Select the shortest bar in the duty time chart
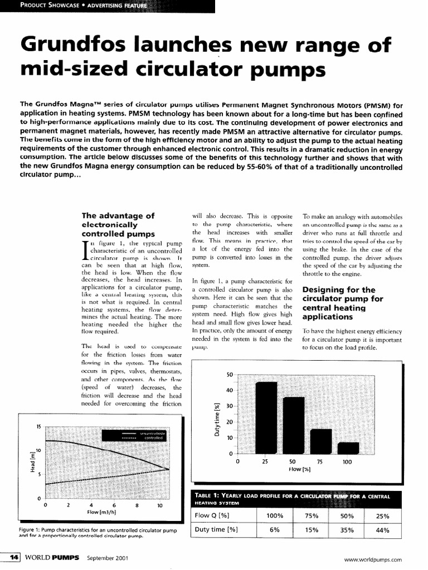click(348, 448)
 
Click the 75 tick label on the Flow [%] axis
click(320, 462)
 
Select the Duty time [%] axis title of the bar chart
click(217, 421)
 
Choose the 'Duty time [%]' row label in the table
click(216, 530)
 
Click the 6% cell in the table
click(274, 530)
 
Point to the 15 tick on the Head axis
click(38, 426)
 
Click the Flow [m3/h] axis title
click(101, 512)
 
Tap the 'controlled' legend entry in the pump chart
click(153, 438)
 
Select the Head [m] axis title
click(33, 461)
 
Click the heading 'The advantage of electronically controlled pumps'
click(118, 225)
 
